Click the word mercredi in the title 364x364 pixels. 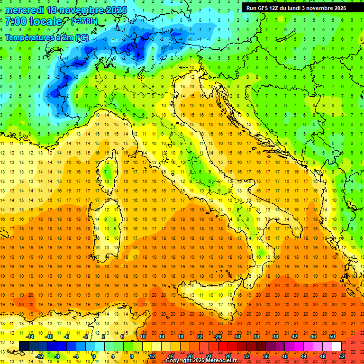25,9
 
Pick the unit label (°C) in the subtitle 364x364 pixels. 81,37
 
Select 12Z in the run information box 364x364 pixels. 277,8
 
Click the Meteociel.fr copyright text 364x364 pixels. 201,360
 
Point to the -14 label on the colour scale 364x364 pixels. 30,337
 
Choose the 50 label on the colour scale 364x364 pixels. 332,337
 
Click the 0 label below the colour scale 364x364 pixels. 94,356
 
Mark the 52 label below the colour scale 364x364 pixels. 342,356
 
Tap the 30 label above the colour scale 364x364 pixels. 237,337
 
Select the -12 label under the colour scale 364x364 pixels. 39,356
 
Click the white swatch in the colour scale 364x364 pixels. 337,346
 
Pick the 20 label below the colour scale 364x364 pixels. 190,356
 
